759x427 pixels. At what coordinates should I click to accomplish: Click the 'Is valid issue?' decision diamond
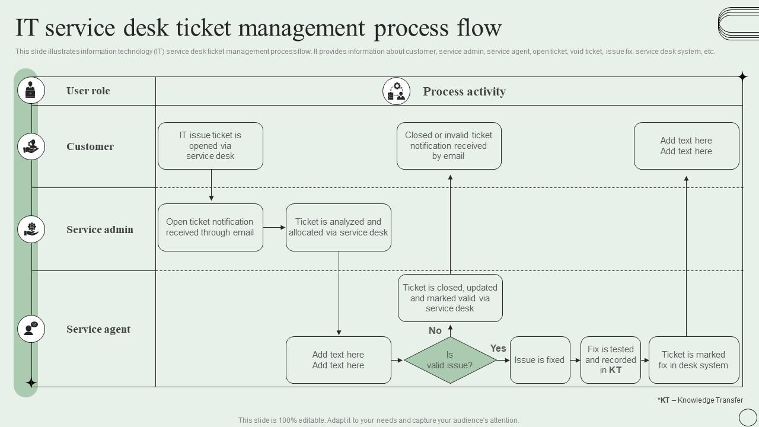click(450, 360)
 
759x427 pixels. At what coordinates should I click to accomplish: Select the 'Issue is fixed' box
click(540, 360)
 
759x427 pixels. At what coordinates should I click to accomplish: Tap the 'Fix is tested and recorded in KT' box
click(610, 360)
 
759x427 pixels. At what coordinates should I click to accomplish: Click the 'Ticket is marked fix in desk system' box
click(693, 360)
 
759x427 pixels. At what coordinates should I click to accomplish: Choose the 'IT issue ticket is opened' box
click(211, 146)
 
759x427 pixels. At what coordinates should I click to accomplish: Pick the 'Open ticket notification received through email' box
click(211, 227)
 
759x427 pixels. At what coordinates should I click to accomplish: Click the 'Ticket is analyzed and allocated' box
click(339, 227)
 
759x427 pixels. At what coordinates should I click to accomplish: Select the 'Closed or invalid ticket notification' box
click(449, 146)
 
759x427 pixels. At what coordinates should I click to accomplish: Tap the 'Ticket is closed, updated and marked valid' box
click(450, 298)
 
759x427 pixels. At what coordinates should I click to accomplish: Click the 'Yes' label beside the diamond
click(498, 348)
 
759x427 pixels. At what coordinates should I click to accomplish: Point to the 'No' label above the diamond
click(435, 330)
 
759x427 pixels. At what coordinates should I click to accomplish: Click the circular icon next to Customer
click(31, 146)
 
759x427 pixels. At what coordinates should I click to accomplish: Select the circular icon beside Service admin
click(31, 230)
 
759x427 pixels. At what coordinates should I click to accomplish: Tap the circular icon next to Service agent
click(31, 329)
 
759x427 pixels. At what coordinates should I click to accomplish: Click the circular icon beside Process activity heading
click(397, 91)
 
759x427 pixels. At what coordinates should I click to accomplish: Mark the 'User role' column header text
click(88, 91)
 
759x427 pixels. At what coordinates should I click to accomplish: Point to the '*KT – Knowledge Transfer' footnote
click(700, 400)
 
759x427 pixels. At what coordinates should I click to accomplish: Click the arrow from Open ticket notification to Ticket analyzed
click(275, 227)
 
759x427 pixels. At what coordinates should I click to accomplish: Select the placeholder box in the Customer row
click(686, 146)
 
